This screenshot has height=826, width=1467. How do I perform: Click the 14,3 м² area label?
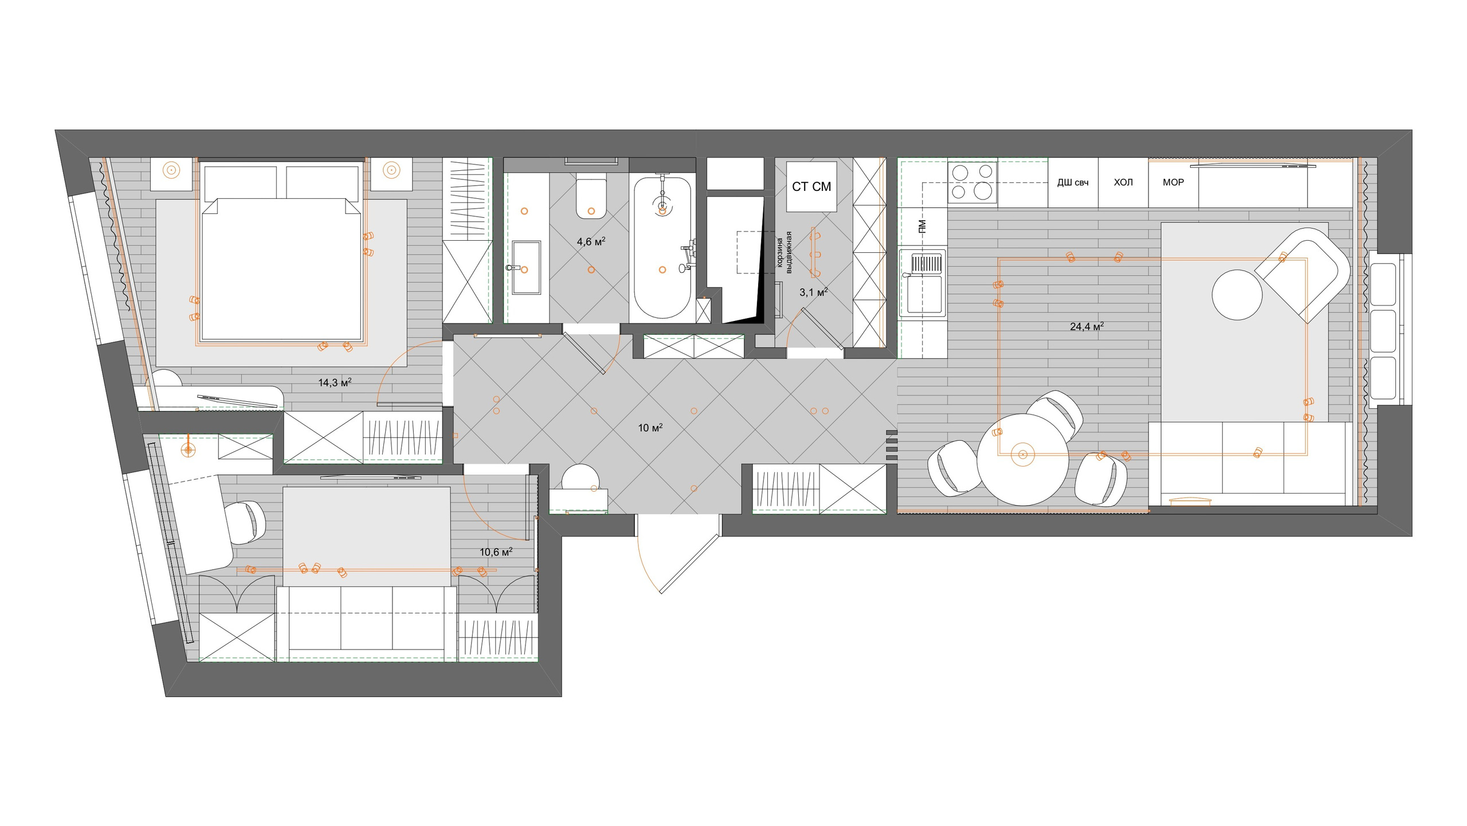coord(335,382)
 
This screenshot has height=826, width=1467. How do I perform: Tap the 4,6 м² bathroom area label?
coord(591,242)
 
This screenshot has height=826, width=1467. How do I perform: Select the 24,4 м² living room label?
coord(1087,327)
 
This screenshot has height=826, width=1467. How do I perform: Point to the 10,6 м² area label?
coord(496,552)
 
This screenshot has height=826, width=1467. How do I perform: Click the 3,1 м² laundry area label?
coord(814,292)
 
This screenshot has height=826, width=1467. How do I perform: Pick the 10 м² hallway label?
coord(650,428)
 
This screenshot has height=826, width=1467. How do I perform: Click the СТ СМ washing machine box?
coord(811,186)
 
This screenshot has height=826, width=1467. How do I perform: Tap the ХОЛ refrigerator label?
coord(1123,182)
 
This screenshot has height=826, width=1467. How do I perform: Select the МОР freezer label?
coord(1173,182)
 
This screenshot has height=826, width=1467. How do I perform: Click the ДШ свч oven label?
coord(1073,183)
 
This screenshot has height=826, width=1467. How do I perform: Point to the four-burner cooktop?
coord(972,182)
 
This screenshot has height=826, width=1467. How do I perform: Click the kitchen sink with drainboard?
coord(923,283)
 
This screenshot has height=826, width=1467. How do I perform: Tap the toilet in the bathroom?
coord(591,199)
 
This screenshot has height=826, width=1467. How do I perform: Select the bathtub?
coord(662,248)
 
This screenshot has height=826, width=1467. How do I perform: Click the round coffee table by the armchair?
coord(1237,295)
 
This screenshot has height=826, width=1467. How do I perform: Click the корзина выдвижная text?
coord(784,252)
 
